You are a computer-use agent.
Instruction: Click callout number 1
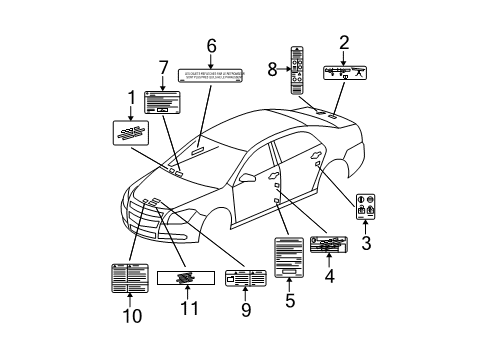pyautogui.click(x=129, y=98)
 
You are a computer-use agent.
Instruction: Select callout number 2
pyautogui.click(x=344, y=42)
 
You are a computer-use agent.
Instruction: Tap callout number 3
pyautogui.click(x=365, y=241)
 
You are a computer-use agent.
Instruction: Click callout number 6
pyautogui.click(x=211, y=45)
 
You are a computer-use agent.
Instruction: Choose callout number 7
pyautogui.click(x=163, y=67)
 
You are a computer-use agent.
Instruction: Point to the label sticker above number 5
pyautogui.click(x=289, y=257)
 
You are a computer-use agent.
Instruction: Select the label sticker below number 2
pyautogui.click(x=344, y=72)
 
